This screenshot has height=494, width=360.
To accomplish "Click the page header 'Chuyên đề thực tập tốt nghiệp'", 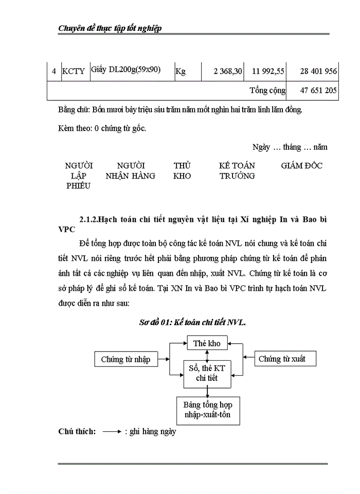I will pos(111,28).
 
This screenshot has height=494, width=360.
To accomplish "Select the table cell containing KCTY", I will pos(73,72).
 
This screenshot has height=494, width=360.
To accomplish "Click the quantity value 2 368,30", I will pos(228,72).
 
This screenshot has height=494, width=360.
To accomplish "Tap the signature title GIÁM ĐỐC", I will pos(302,166).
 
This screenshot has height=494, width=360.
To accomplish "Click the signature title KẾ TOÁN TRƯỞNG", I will pos(237,171).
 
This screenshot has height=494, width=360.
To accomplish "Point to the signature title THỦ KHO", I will pos(182,171).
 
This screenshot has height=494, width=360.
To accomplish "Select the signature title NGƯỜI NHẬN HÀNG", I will pos(131,171).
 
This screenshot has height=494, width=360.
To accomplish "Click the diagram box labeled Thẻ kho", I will pos(206,343).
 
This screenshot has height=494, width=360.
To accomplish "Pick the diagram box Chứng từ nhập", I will pos(126,359).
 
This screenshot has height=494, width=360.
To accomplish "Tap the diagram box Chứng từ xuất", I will pos(285,359).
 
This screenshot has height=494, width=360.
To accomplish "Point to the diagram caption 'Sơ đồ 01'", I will pos(192,323).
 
